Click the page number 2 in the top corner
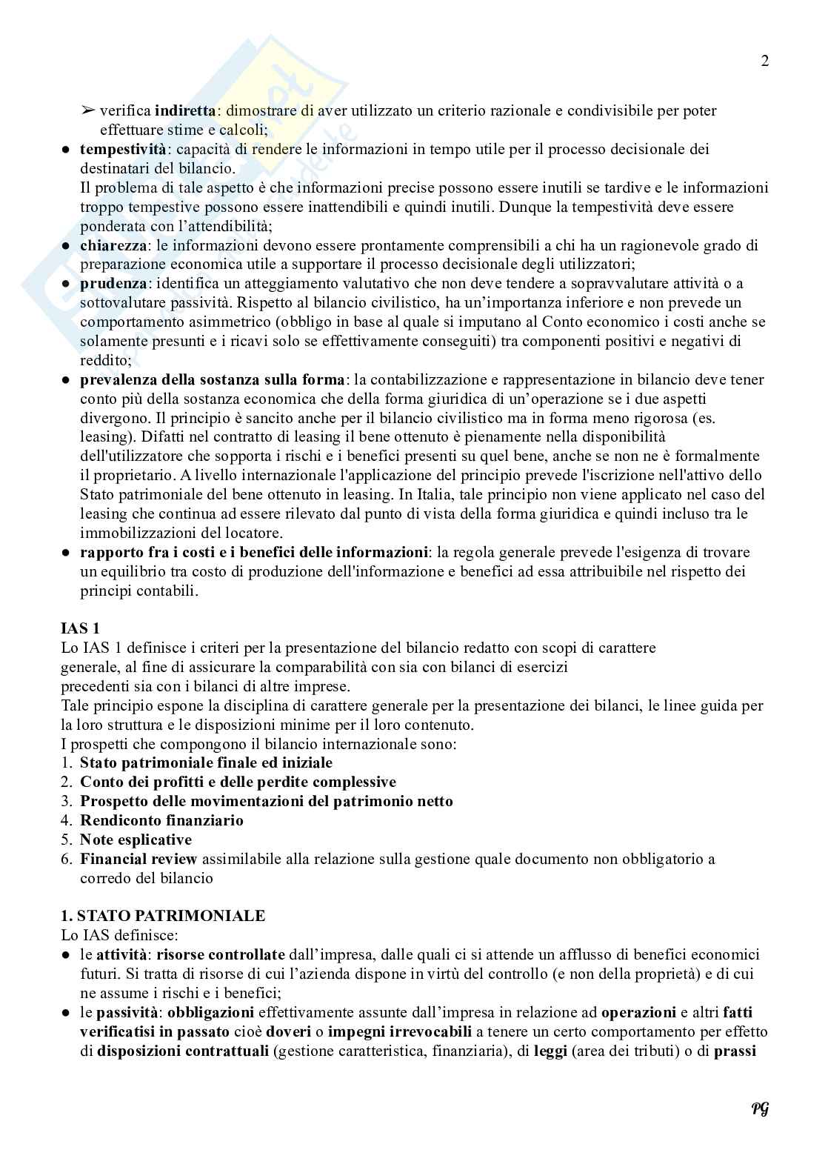pyautogui.click(x=764, y=62)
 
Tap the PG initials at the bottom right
pyautogui.click(x=760, y=1108)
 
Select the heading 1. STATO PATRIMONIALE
pyautogui.click(x=162, y=916)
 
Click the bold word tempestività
pyautogui.click(x=123, y=149)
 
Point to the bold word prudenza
pyautogui.click(x=113, y=284)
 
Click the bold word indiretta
pyautogui.click(x=185, y=111)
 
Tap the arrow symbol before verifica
pyautogui.click(x=87, y=111)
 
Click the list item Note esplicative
pyautogui.click(x=136, y=840)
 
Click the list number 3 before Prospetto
pyautogui.click(x=67, y=801)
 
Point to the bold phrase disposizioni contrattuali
pyautogui.click(x=182, y=1051)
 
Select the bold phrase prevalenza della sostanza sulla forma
pyautogui.click(x=212, y=379)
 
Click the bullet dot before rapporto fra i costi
pyautogui.click(x=66, y=552)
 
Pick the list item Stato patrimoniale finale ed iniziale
pyautogui.click(x=206, y=762)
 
